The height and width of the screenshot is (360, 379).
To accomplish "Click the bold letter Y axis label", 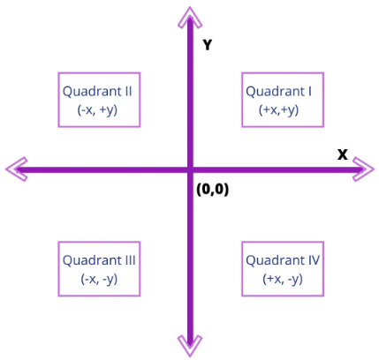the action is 208,45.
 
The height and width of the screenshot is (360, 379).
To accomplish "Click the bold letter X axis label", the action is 343,154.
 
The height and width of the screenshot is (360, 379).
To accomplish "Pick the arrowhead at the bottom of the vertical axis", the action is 190,346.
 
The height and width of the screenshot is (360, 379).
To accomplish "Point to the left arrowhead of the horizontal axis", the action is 17,169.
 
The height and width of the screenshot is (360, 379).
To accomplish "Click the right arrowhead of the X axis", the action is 363,169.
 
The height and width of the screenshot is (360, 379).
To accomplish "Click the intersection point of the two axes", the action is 190,169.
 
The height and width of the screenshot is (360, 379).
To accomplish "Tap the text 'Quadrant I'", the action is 278,92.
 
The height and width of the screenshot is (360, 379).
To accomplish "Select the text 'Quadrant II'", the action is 97,92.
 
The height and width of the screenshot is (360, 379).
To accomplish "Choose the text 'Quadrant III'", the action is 99,260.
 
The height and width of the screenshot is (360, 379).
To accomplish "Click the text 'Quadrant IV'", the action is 283,260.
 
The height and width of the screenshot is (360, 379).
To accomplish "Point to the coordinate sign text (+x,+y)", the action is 279,110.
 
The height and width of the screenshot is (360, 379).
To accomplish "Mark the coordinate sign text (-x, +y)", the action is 97,110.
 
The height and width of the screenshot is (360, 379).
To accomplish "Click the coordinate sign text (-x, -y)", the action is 99,279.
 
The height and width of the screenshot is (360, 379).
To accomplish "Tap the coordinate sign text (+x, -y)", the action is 283,279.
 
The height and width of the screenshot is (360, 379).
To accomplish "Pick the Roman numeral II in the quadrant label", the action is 128,91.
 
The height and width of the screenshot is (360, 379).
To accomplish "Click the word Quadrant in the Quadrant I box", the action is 276,92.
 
